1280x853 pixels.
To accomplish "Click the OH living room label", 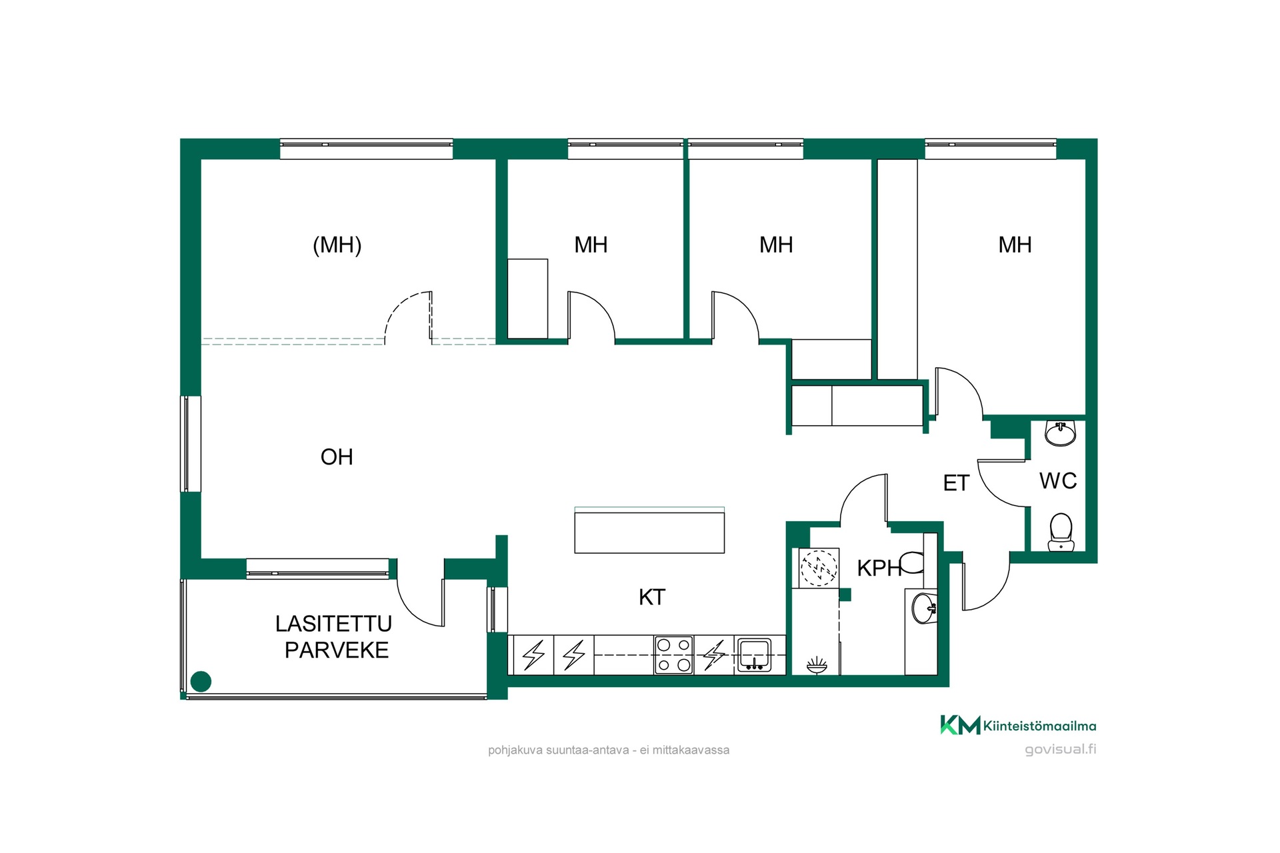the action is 337,457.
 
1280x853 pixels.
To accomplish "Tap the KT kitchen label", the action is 652,597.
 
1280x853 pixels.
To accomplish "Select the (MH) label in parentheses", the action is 337,245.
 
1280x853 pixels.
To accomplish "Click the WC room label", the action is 1058,481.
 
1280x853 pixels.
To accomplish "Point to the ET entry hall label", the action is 956,483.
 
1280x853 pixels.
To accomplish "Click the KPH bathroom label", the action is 879,568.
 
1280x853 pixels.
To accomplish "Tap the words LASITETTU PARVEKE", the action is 334,637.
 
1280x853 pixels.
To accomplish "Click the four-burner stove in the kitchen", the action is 674,655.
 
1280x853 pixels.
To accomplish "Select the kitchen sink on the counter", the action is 754,655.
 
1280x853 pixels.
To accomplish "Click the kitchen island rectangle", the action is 649,530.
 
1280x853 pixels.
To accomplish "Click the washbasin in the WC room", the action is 1060,433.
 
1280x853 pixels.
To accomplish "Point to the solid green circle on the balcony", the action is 201,681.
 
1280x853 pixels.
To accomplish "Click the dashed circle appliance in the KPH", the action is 819,568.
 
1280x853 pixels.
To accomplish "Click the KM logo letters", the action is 960,725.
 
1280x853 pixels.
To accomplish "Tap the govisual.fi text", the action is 1060,749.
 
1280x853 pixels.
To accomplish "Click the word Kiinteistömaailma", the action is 1040,726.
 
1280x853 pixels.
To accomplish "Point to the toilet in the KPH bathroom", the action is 912,562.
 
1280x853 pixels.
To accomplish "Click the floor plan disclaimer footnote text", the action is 609,750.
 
